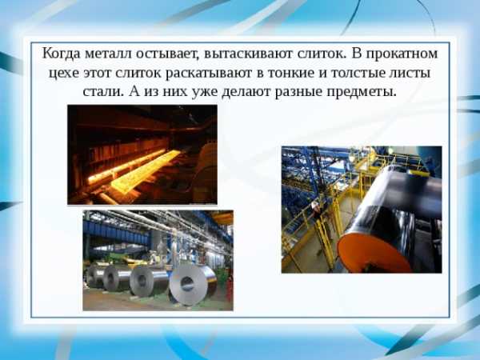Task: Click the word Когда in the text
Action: [62, 54]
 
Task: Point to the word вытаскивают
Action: [247, 54]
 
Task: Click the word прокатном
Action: [402, 54]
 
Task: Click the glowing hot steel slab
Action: [144, 172]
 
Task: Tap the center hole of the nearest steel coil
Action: [187, 284]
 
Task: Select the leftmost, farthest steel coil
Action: [94, 276]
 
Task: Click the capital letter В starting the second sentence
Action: [357, 54]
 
